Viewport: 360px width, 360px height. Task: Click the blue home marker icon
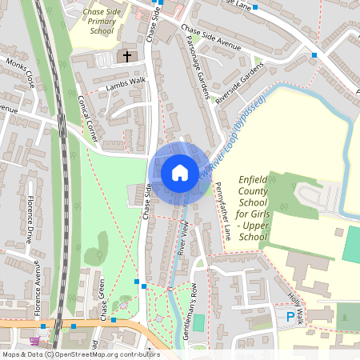(x=179, y=172)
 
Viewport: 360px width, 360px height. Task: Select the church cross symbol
(x=126, y=57)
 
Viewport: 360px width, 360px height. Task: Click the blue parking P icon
(x=290, y=318)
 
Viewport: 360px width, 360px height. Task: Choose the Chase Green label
(x=104, y=305)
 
